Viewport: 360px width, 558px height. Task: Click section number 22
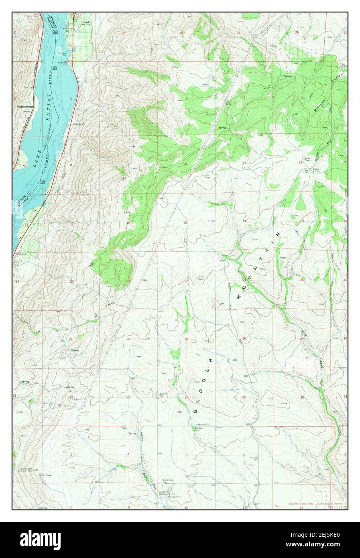[x=186, y=281]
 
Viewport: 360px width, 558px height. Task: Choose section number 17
[x=72, y=223]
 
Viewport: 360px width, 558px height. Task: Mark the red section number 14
[x=244, y=221]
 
